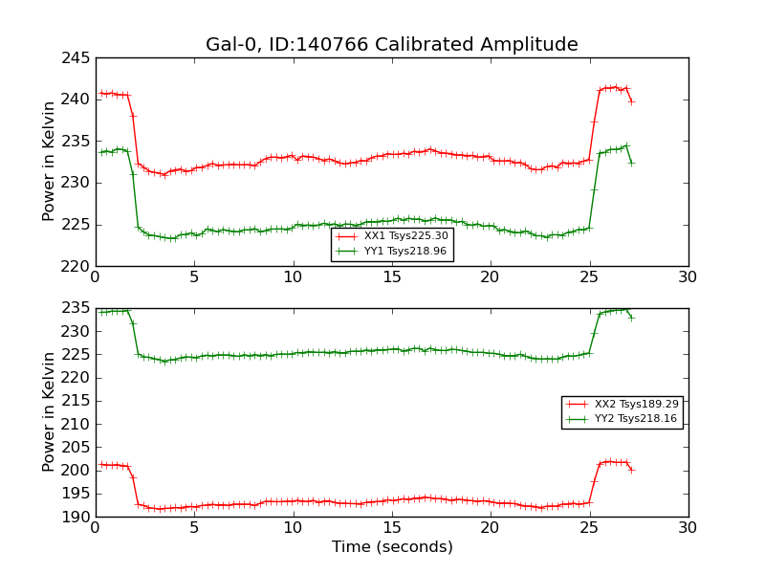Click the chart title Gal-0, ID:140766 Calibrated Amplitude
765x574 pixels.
(391, 45)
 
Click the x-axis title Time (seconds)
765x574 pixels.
(392, 547)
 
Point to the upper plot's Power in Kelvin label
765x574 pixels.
(49, 161)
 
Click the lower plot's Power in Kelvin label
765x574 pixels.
(49, 411)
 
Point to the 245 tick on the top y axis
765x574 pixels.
(78, 57)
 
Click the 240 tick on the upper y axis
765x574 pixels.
(78, 99)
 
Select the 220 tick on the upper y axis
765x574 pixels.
(78, 266)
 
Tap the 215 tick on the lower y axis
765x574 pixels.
(78, 401)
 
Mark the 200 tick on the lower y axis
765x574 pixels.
(78, 471)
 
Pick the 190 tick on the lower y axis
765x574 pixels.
(78, 517)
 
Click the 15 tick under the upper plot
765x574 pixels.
(392, 278)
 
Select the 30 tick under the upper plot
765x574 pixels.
(688, 278)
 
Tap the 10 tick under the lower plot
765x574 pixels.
(293, 529)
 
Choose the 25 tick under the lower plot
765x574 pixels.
(589, 529)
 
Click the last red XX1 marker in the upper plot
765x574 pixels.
(631, 101)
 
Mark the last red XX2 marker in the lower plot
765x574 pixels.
(631, 470)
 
